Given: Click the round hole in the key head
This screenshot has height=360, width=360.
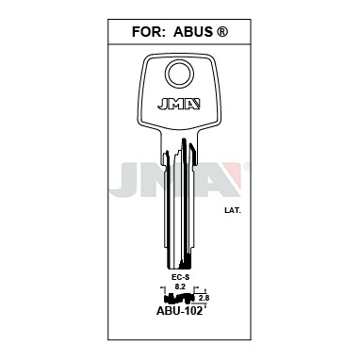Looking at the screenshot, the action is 178,74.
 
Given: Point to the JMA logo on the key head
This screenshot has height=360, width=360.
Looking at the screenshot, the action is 179,105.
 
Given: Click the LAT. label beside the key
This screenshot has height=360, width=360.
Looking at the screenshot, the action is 233,211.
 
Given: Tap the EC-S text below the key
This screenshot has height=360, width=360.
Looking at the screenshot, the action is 179,276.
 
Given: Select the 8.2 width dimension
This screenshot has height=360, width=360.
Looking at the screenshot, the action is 179,286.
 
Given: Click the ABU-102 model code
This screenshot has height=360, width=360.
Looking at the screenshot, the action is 179,310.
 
